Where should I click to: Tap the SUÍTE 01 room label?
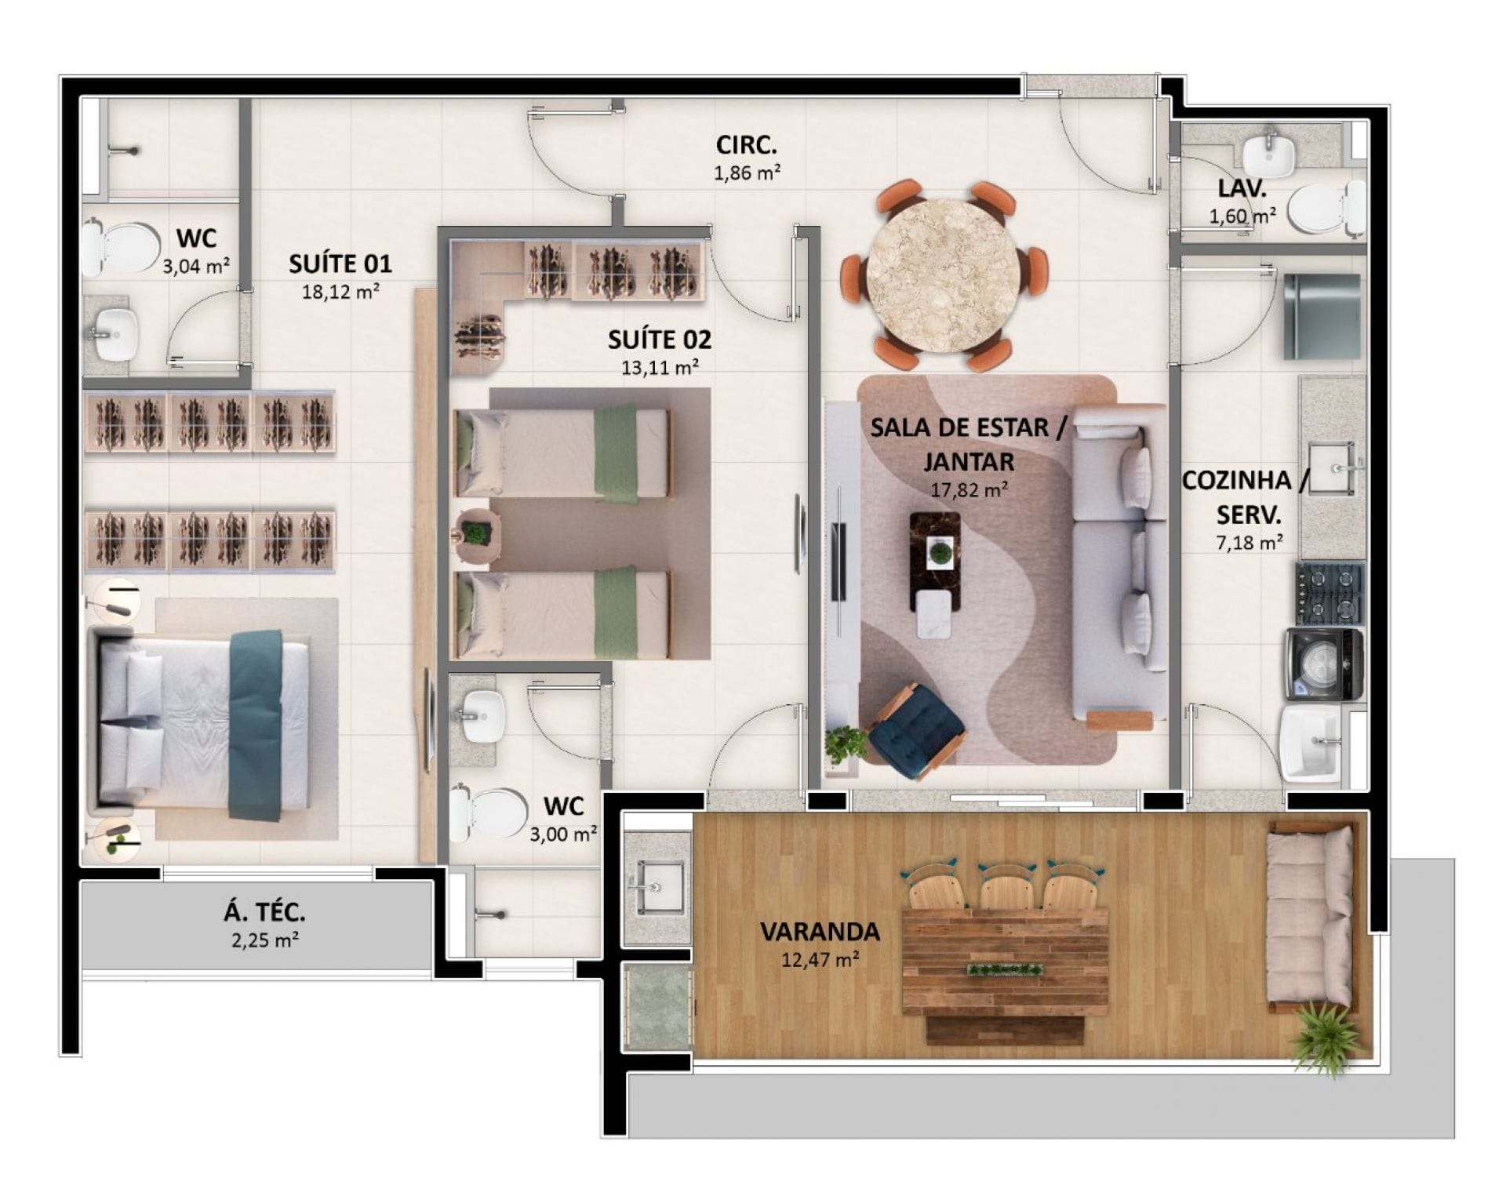[x=340, y=264]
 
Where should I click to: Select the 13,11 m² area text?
[x=660, y=367]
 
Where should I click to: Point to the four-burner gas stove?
[x=1330, y=594]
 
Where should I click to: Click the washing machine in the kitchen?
[x=1324, y=663]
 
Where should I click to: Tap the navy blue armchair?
[x=916, y=731]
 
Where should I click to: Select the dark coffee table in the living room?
[x=935, y=562]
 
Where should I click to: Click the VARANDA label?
[x=820, y=932]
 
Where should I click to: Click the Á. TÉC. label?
[x=264, y=912]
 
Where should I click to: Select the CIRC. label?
[x=746, y=145]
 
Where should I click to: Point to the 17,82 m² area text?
[x=969, y=490]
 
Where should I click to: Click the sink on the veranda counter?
[x=658, y=888]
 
